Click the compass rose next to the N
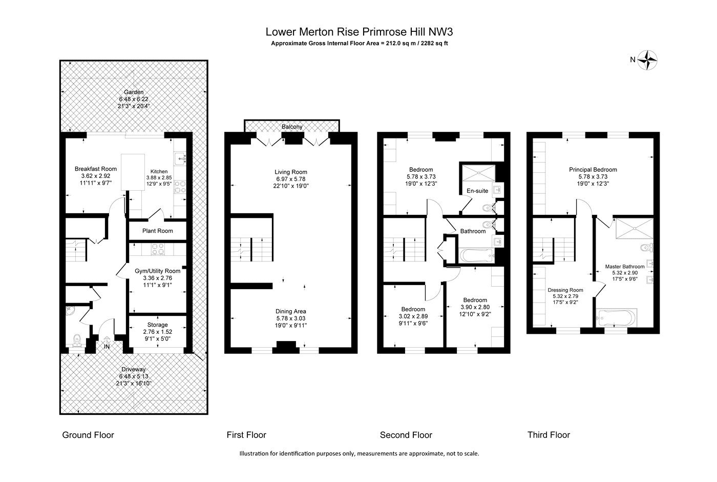(647, 60)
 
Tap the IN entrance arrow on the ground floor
(107, 339)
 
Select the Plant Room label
(158, 231)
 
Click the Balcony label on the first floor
(292, 127)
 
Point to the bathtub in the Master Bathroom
(616, 318)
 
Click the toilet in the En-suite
(488, 208)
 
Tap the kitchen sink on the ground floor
(180, 158)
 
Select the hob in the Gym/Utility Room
(158, 249)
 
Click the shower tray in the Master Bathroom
(634, 229)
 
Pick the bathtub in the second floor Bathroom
(477, 256)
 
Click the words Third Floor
(549, 435)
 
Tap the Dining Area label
(291, 311)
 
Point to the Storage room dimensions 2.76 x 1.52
(158, 332)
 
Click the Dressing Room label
(565, 290)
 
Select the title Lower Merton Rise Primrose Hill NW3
(359, 32)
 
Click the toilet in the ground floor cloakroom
(77, 340)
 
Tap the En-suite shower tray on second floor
(478, 173)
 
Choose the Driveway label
(134, 369)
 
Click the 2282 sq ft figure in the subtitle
(434, 43)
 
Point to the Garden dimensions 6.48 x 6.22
(134, 99)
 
